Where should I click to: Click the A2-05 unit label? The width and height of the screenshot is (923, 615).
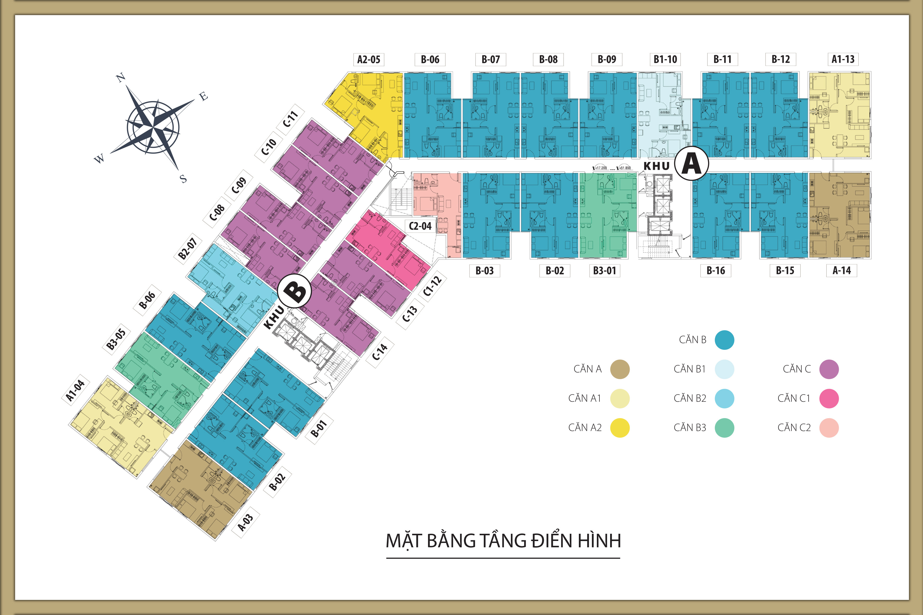(x=368, y=60)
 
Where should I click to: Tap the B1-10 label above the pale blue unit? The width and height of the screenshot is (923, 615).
(x=665, y=60)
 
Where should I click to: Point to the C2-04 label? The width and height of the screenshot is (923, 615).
(x=420, y=226)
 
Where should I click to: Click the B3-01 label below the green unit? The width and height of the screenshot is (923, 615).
(x=604, y=271)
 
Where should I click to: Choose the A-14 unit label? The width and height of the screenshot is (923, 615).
(x=841, y=271)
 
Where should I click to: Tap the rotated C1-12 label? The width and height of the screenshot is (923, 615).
(x=432, y=286)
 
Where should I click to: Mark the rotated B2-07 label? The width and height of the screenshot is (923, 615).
(x=188, y=248)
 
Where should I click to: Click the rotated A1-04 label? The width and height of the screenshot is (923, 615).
(x=75, y=391)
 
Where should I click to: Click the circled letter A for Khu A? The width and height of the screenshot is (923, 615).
(x=691, y=164)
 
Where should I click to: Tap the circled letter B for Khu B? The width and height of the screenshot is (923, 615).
(x=294, y=291)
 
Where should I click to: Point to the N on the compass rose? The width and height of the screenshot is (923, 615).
(x=120, y=78)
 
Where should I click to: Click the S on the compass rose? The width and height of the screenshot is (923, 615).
(x=183, y=179)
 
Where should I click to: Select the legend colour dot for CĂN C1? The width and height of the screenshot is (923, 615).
(x=829, y=398)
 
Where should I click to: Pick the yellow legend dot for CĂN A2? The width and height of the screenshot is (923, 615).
(x=620, y=428)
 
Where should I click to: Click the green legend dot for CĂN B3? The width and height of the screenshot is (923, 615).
(x=724, y=428)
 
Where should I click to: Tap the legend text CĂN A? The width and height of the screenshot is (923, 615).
(x=587, y=369)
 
